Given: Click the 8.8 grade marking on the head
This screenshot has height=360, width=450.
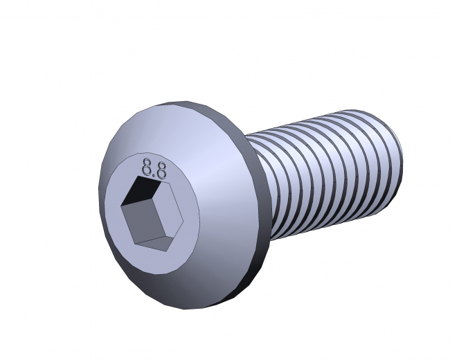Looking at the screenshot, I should coord(153,168).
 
